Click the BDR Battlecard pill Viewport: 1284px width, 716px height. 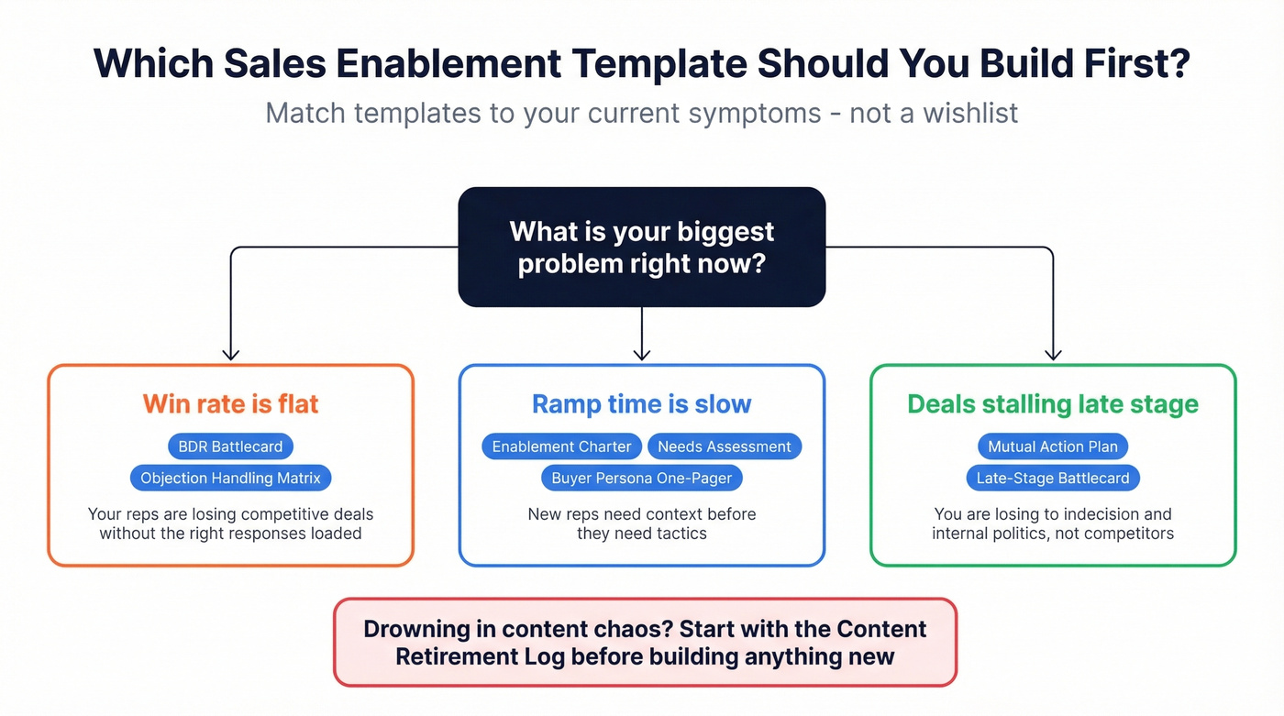pos(230,446)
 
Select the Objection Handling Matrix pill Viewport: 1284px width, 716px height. pos(230,478)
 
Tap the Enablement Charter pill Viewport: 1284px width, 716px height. pos(561,446)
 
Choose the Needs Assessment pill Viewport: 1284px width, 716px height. pos(724,446)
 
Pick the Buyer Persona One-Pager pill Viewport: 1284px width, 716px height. pos(641,478)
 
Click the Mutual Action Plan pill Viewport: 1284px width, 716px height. pos(1052,446)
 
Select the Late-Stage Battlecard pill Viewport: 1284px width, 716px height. pos(1052,478)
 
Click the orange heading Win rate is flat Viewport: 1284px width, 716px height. pos(230,404)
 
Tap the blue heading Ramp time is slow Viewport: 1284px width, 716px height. pos(641,404)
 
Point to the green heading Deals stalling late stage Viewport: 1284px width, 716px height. pos(1052,404)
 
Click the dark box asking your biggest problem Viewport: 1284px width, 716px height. pos(641,247)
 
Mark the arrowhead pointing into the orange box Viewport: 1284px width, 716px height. pos(231,354)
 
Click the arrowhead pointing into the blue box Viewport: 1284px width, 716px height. pos(642,354)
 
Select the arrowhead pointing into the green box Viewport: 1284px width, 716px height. pos(1053,354)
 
